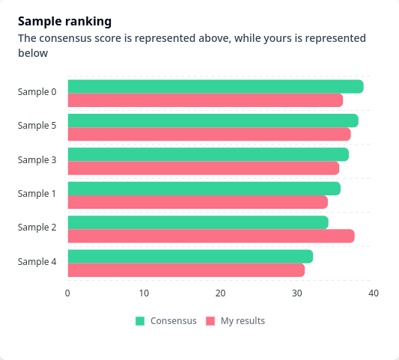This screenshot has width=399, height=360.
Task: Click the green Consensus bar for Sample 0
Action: pos(216,87)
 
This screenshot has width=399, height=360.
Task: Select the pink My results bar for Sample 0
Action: pos(205,100)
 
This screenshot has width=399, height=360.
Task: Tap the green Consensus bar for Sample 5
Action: pos(213,120)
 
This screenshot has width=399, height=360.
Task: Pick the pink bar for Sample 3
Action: pos(204,168)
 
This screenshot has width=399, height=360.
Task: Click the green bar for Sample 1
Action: pos(204,189)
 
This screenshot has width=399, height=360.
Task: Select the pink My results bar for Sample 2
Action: pos(211,236)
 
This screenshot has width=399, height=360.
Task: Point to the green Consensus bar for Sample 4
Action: pos(190,257)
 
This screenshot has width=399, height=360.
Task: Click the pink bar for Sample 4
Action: pos(186,270)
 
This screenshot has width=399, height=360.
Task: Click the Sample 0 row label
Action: pos(37,92)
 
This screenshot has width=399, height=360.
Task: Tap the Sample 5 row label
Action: pos(37,126)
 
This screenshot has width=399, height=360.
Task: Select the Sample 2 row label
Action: pos(37,228)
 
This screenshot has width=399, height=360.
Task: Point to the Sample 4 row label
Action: pos(37,262)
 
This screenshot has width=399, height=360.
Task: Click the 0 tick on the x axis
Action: pos(67,293)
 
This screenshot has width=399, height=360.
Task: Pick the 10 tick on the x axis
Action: pos(144,293)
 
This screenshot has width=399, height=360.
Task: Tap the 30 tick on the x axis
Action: pos(297,293)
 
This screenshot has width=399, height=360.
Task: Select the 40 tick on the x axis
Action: pos(374,293)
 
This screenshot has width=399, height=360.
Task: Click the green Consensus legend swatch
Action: pos(140,321)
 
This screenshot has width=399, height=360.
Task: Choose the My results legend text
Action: pos(243,321)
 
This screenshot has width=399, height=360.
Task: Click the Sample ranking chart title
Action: pos(64,22)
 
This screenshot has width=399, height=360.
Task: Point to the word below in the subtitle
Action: pos(33,53)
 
